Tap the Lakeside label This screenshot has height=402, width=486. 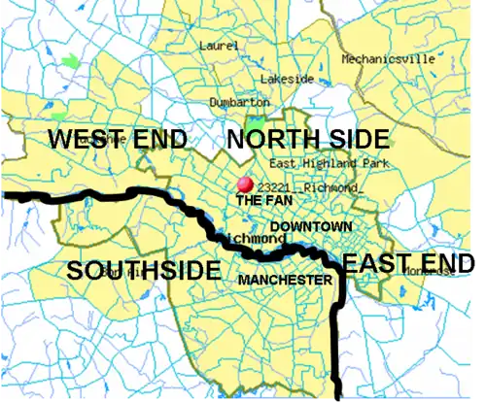pos(287,79)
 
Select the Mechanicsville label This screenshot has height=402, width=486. pos(388,58)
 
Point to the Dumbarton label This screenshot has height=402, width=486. pos(239,102)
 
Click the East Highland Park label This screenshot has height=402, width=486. pos(329,163)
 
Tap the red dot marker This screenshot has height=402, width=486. pos(245,184)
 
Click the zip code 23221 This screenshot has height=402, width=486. pos(276,187)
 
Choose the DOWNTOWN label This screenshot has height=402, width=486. pos(311,226)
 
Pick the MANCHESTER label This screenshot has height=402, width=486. pos(285,280)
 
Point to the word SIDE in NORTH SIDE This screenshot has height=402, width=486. pos(355,139)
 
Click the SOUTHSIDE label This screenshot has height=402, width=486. pos(143,271)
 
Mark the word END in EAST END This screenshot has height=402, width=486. pos(446,262)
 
